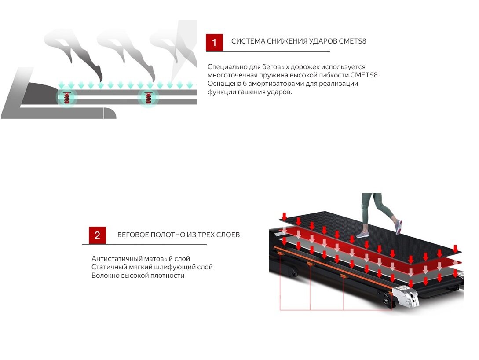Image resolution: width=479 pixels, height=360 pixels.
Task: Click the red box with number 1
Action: [x=214, y=42]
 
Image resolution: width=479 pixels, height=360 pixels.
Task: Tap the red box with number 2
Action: [x=97, y=235]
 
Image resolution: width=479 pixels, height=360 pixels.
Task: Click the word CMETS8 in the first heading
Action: [x=352, y=41]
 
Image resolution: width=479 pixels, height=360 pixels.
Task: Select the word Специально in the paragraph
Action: [x=226, y=67]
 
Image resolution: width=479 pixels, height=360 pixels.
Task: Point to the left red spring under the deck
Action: [x=67, y=98]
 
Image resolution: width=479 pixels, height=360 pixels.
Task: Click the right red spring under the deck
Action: [x=149, y=98]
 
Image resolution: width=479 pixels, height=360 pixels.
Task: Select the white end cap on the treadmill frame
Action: [x=407, y=296]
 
